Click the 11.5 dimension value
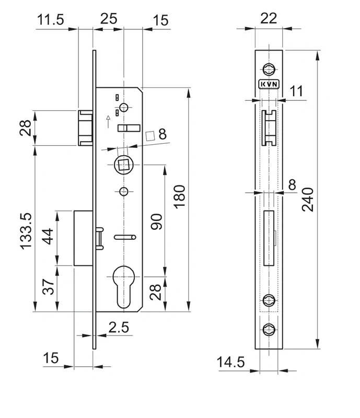tap(50, 20)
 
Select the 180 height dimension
tap(179, 196)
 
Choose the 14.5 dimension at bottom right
tap(231, 362)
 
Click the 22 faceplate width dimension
tap(268, 18)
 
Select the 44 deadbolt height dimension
tap(48, 237)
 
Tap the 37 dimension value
tap(48, 287)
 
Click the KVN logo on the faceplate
tap(269, 84)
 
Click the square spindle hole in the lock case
tap(124, 166)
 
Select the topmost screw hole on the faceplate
tap(269, 68)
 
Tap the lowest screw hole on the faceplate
tap(269, 329)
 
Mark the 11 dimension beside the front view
tap(296, 91)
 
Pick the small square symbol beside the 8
tap(150, 135)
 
